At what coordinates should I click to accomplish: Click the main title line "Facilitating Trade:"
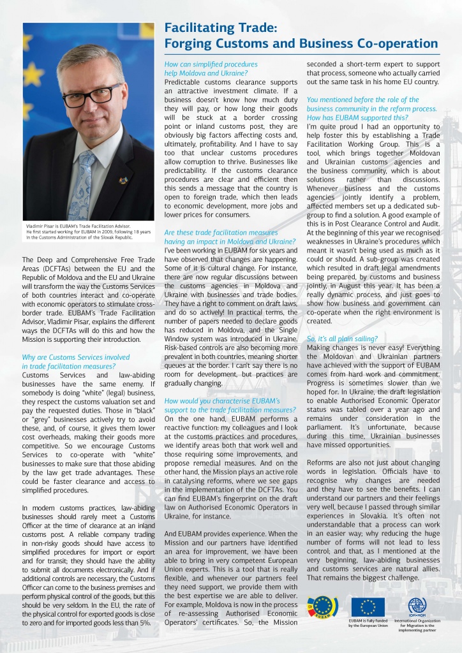point(220,28)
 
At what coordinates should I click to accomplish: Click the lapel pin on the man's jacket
point(123,180)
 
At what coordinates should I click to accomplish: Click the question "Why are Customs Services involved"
point(75,358)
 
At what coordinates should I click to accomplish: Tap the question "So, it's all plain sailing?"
point(342,339)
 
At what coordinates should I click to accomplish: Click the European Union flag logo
point(368,607)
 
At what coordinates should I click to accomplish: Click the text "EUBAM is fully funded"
point(368,620)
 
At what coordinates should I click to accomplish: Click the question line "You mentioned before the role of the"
point(362,99)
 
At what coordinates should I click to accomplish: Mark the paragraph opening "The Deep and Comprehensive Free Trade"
point(88,260)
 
